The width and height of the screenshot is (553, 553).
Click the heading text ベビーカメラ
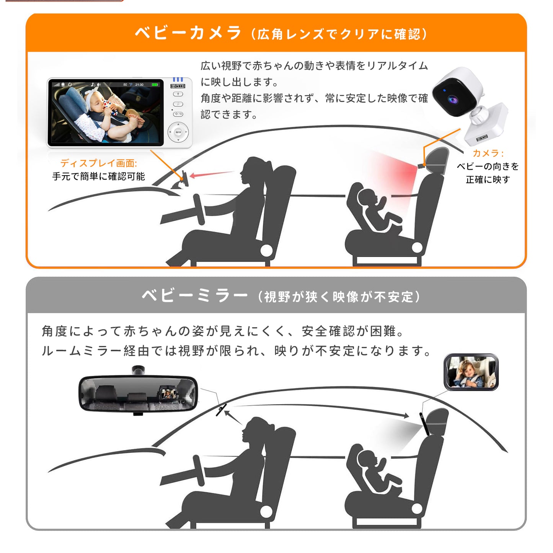(188, 33)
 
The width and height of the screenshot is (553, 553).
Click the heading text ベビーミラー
(194, 296)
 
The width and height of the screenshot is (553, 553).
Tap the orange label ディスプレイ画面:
(98, 163)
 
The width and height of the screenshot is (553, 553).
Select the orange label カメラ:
(488, 153)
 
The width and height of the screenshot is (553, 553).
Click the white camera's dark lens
(453, 100)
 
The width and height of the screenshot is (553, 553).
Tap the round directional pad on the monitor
(178, 132)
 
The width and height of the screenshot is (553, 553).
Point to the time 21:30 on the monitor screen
(139, 85)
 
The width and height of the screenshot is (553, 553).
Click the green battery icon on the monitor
(155, 85)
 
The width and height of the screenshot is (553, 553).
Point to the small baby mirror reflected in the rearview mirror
(167, 393)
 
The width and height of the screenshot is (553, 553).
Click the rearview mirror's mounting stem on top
(138, 370)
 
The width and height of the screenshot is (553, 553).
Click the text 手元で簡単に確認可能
(98, 176)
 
